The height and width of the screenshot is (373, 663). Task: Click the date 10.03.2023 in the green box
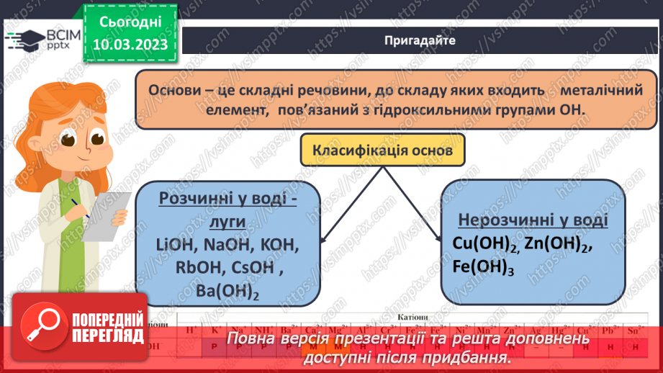point(130,44)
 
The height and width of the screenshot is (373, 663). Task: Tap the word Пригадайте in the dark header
point(420,40)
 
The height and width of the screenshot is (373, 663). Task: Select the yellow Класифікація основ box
point(382,152)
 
